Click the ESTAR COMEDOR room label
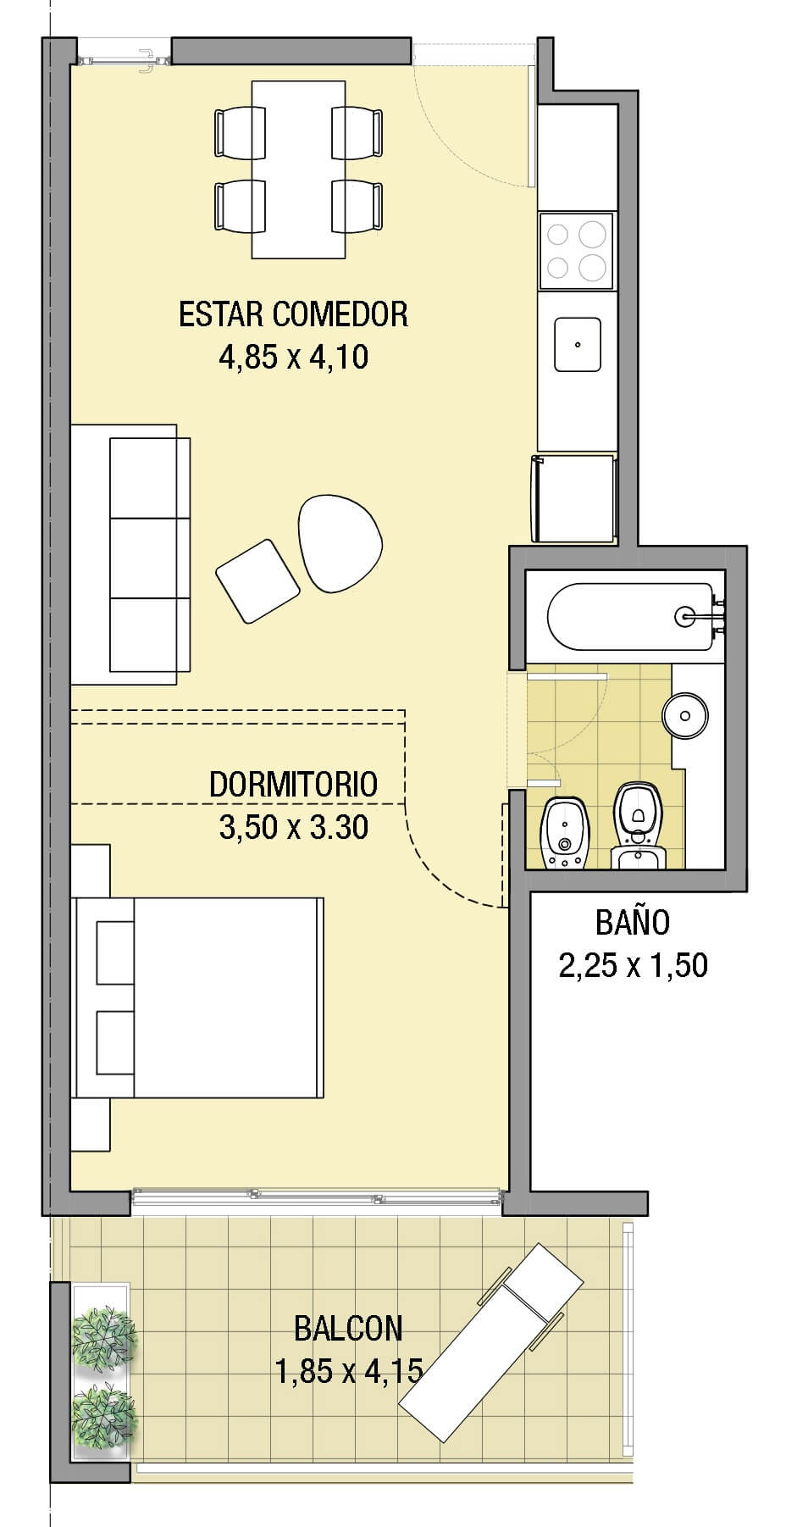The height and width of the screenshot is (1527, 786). click(x=293, y=314)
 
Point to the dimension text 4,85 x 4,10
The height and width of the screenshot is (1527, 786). click(x=293, y=357)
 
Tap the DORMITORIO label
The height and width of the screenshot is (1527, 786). click(x=293, y=784)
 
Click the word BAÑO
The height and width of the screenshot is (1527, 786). click(x=632, y=922)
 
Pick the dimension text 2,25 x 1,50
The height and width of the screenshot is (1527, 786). click(x=632, y=965)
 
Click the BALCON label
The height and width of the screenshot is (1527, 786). click(x=348, y=1328)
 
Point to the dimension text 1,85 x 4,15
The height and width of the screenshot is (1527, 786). click(x=348, y=1370)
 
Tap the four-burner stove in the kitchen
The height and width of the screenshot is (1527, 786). click(x=576, y=250)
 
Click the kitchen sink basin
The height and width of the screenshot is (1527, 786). click(x=578, y=345)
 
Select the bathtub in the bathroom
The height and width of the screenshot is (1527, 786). click(x=631, y=616)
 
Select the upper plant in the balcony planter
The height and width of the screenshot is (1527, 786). click(x=103, y=1337)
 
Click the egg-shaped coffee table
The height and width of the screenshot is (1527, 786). click(x=339, y=541)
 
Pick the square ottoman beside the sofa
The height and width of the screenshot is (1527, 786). click(x=257, y=580)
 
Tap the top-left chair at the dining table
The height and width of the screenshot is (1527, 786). click(x=238, y=132)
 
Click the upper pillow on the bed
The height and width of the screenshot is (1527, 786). click(x=115, y=952)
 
